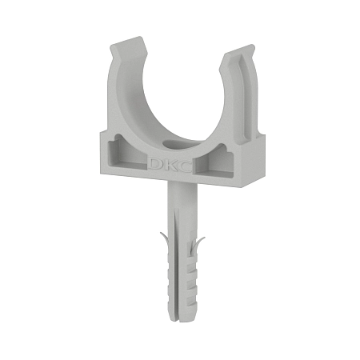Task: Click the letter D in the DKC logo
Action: coord(155,164)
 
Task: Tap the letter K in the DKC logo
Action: coord(169,165)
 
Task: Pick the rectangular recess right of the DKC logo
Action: coord(214,161)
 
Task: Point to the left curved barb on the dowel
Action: coord(165,239)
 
